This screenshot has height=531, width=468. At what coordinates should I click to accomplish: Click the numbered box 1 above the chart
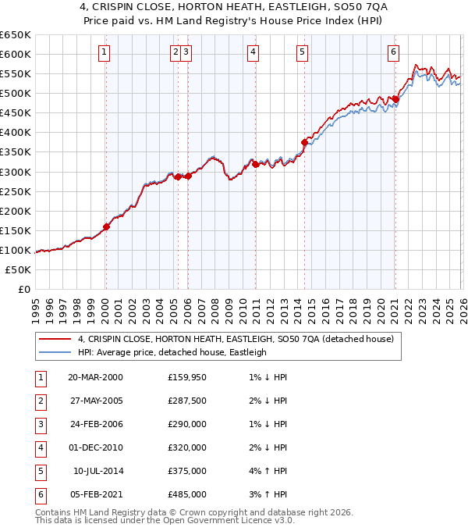click(105, 52)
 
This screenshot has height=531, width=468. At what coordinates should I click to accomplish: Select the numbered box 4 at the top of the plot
click(253, 52)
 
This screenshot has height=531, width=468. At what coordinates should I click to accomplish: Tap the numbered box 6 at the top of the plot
click(393, 52)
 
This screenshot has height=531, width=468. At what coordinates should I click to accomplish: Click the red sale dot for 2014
click(304, 142)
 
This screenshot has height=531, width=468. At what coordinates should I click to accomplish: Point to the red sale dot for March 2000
click(107, 227)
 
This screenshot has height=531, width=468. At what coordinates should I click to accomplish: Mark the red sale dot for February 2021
click(395, 99)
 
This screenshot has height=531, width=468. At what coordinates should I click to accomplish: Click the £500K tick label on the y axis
click(15, 93)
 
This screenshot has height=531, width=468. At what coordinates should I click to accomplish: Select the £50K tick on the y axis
click(18, 269)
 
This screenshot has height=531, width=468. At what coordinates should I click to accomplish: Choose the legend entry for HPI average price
click(172, 352)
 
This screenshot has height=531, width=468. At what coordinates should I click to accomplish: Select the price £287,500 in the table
click(187, 401)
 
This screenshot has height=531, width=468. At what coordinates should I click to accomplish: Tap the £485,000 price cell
click(187, 494)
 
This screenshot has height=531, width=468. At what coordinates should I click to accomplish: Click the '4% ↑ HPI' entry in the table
click(272, 472)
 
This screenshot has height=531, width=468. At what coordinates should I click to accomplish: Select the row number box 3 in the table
click(39, 426)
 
